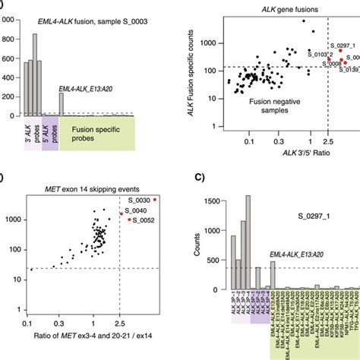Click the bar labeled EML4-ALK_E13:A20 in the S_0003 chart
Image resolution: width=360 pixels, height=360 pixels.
coord(61,104)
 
